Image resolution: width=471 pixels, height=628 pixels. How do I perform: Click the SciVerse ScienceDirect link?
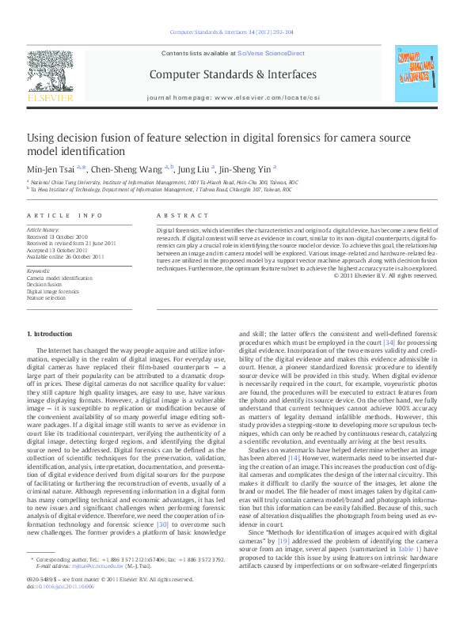(272, 53)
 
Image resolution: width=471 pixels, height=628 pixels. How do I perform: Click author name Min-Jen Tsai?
(51, 168)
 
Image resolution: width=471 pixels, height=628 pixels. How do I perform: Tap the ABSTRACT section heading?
(177, 215)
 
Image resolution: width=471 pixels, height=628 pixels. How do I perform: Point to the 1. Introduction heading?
(51, 335)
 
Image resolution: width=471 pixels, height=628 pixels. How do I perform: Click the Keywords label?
(38, 271)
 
